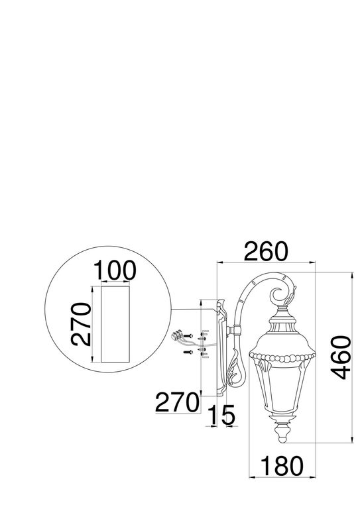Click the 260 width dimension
coord(266,251)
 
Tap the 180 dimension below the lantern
coord(282,466)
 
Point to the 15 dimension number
coord(221,415)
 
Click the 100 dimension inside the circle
coord(115,270)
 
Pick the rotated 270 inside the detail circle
coord(81,324)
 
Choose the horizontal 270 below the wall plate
coord(177,402)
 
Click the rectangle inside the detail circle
coord(115,324)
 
